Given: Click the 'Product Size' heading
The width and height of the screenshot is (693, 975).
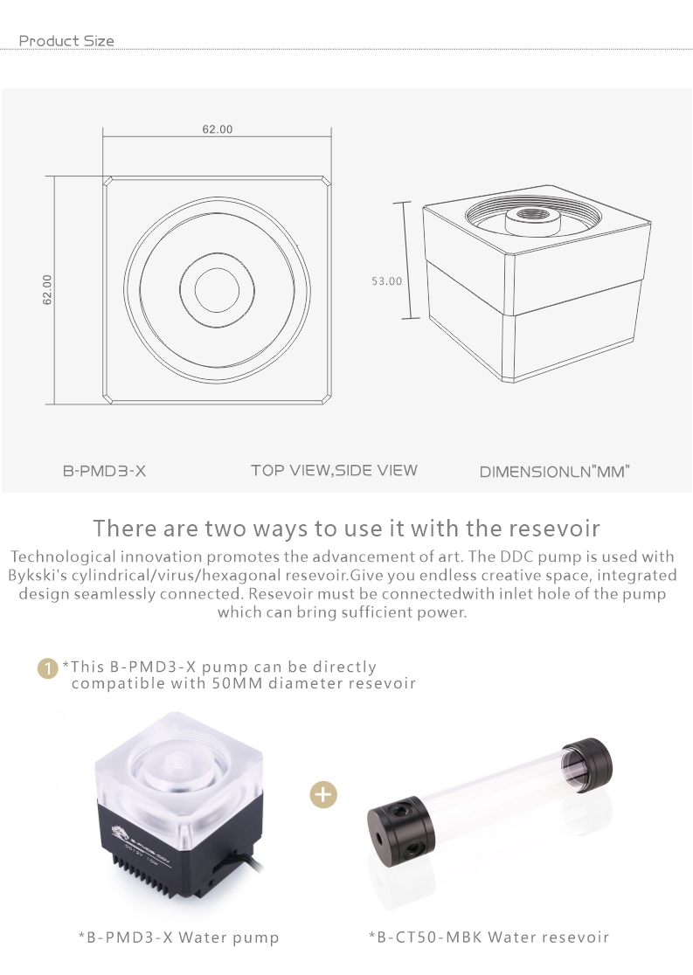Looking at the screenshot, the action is pyautogui.click(x=66, y=41).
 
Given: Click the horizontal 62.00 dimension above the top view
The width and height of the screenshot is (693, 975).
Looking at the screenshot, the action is pyautogui.click(x=217, y=129).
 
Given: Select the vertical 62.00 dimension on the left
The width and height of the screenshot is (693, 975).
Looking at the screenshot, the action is pyautogui.click(x=47, y=290).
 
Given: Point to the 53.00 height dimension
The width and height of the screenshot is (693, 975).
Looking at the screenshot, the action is pyautogui.click(x=387, y=281).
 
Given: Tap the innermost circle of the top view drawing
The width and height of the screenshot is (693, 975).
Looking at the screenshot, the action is pyautogui.click(x=217, y=268).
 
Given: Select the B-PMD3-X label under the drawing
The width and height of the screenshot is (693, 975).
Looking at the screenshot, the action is pyautogui.click(x=105, y=471).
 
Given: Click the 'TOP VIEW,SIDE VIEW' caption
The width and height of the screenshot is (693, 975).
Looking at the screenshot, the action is pyautogui.click(x=334, y=471).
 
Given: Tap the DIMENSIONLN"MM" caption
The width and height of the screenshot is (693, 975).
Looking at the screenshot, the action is pyautogui.click(x=554, y=472).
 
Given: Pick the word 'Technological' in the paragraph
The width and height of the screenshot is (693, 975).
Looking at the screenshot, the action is pyautogui.click(x=63, y=557).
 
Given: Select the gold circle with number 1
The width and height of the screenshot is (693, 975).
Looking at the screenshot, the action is pyautogui.click(x=48, y=669).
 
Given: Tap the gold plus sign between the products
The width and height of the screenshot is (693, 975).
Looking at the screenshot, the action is pyautogui.click(x=323, y=794).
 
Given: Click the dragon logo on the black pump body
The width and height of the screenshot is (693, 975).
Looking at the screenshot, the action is pyautogui.click(x=121, y=832).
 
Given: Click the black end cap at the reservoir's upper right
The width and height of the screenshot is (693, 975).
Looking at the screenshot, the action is pyautogui.click(x=587, y=764).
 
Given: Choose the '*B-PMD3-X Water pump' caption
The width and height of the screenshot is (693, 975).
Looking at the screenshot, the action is pyautogui.click(x=178, y=937).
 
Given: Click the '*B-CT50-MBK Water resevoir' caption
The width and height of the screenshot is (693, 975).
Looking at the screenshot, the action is pyautogui.click(x=489, y=937).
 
